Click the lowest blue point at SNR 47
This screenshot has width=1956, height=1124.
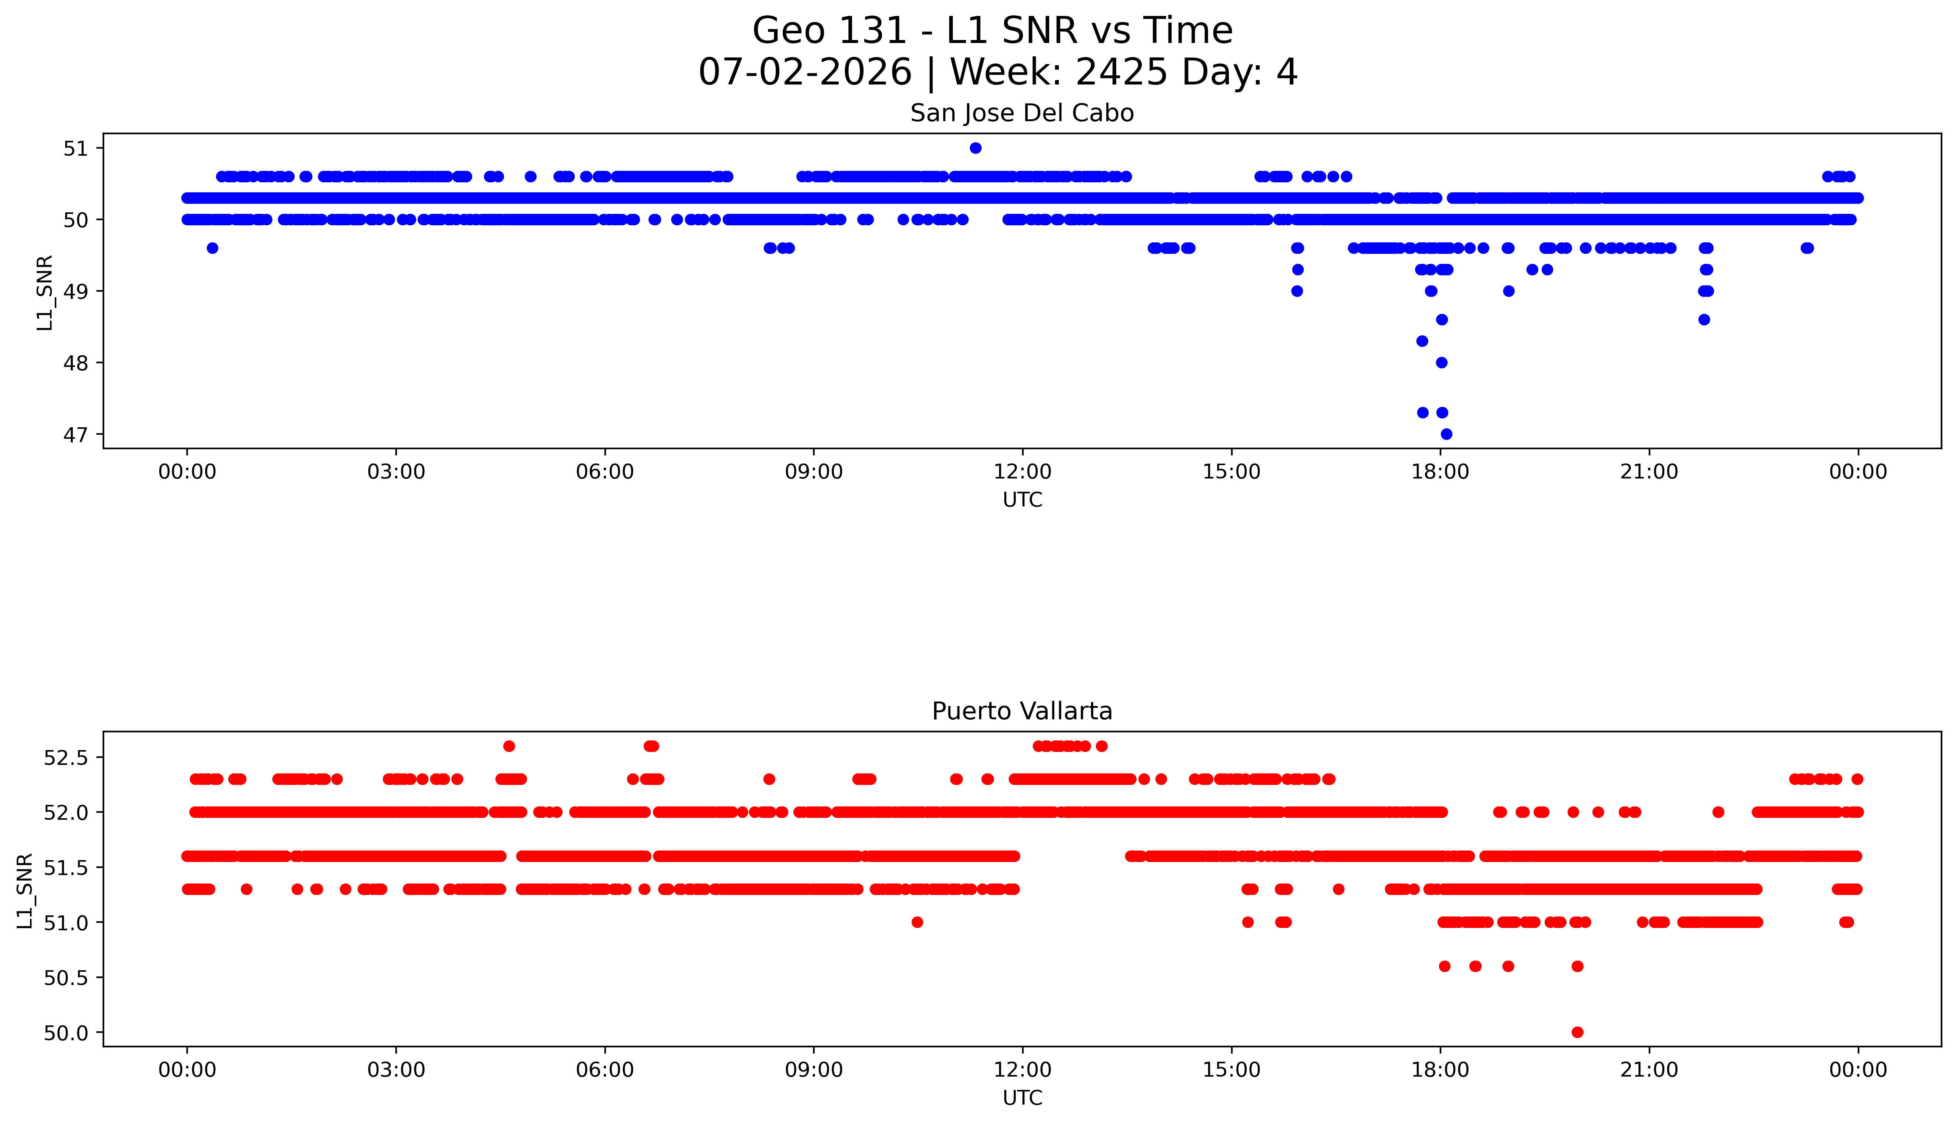click(x=1446, y=434)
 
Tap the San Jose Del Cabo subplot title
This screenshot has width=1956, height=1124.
click(x=1022, y=113)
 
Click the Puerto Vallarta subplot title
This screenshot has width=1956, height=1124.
click(x=1022, y=711)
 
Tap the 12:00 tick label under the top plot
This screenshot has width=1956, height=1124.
click(x=1023, y=472)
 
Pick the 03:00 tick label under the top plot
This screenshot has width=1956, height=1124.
click(x=396, y=472)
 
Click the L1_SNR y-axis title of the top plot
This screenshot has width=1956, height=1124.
click(x=45, y=292)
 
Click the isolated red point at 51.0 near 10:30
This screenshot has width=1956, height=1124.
click(x=917, y=922)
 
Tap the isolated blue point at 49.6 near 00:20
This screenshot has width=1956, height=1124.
click(x=212, y=248)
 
